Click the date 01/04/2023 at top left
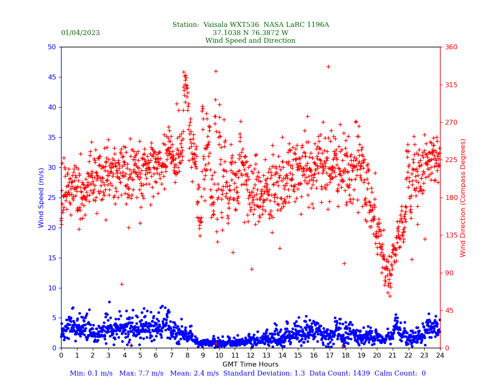[x=80, y=33]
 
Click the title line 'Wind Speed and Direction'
[x=250, y=41]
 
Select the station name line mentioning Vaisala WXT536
[x=250, y=25]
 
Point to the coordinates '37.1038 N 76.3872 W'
[x=250, y=33]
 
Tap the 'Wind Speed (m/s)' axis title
[x=42, y=198]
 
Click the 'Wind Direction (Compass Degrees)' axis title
[x=463, y=198]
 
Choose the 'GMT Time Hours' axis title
[x=250, y=365]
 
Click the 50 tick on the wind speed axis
[x=52, y=47]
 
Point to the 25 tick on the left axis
[x=52, y=198]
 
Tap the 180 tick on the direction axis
[x=449, y=198]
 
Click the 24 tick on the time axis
[x=440, y=356]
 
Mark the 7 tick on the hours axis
[x=172, y=356]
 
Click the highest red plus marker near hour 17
[x=328, y=67]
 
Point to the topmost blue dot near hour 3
[x=109, y=302]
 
